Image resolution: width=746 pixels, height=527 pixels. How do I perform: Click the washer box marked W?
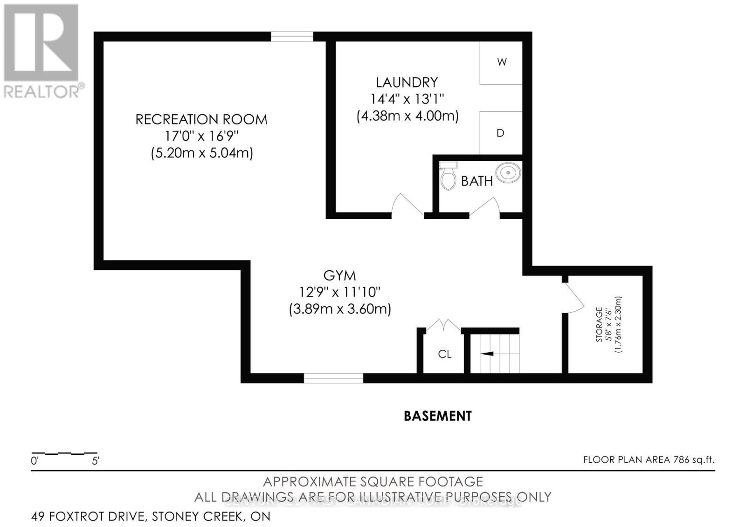click(501, 62)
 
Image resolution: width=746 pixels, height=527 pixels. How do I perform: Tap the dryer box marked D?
click(501, 133)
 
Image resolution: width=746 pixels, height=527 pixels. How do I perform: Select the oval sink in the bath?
click(508, 173)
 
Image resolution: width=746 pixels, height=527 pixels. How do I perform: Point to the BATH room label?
click(477, 181)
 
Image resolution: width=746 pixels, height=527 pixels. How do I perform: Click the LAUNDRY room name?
click(407, 82)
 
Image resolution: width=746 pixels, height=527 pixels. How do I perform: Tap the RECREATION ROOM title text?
click(201, 119)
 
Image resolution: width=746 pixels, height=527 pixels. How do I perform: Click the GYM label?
click(339, 275)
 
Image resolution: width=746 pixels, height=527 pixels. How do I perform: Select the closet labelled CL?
click(444, 354)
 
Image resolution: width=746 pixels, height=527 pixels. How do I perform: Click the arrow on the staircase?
click(487, 354)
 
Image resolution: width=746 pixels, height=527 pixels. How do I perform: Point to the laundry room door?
click(407, 207)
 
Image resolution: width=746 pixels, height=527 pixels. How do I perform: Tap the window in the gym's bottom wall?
click(333, 378)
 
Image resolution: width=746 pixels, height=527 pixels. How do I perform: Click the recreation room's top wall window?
click(292, 36)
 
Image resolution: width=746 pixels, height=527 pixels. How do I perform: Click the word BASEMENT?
click(437, 416)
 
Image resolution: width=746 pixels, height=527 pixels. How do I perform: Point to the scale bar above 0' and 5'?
click(64, 453)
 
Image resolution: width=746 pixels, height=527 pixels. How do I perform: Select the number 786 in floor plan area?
click(681, 460)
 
